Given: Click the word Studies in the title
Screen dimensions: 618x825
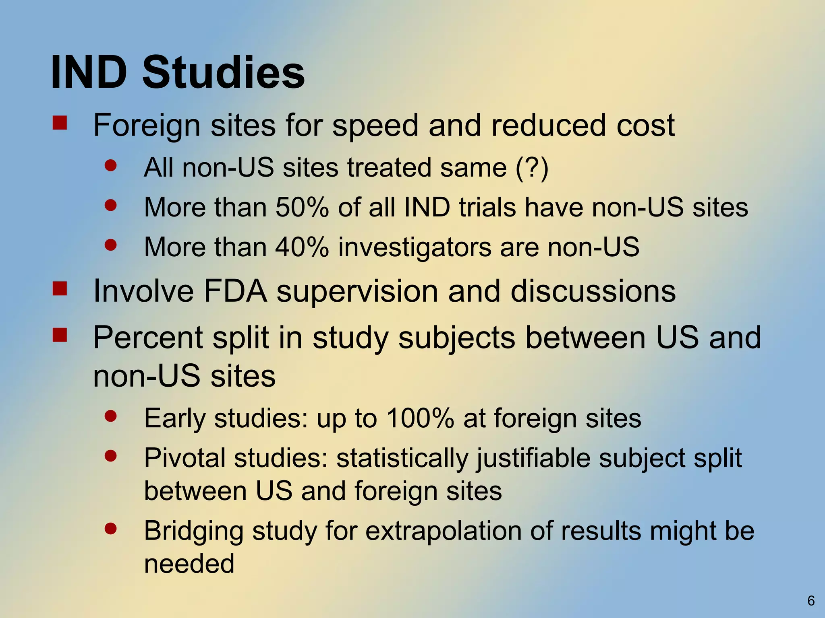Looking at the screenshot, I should (224, 73).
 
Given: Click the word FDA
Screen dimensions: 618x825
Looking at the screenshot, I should (236, 291).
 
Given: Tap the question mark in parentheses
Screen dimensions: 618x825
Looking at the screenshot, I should (532, 167).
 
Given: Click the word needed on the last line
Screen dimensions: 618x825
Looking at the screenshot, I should (189, 564).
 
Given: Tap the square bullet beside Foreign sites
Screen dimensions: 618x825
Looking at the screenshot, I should (60, 123).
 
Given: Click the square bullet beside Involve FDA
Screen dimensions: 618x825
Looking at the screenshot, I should (60, 288).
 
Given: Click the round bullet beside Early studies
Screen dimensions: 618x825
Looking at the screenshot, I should (110, 416).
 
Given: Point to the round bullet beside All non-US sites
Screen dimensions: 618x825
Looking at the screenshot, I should (110, 165).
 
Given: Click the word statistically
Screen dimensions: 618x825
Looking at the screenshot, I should (402, 458).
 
